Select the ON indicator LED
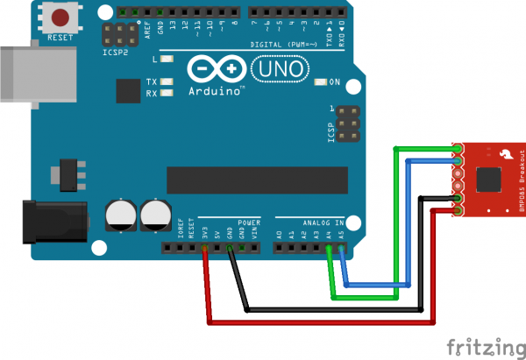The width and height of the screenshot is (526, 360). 321,82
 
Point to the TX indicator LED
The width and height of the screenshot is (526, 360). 167,81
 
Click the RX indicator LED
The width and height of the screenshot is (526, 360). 167,92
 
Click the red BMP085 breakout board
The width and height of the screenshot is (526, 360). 486,178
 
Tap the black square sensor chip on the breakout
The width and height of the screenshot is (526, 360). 487,180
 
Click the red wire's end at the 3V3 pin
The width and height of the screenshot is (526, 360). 204,250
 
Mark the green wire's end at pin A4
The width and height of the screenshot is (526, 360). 330,250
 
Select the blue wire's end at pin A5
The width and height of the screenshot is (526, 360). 341,250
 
